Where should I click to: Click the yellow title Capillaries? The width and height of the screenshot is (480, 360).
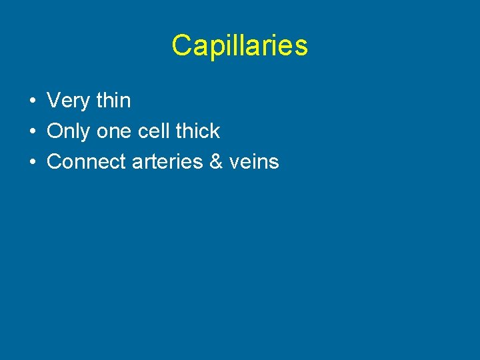point(239,46)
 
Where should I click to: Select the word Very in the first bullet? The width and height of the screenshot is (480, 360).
point(69,101)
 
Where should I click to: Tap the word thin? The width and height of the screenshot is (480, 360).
point(113,101)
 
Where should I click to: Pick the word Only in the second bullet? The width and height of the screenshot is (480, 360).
point(69,131)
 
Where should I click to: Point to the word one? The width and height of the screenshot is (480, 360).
point(114,131)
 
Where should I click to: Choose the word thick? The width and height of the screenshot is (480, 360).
point(197,131)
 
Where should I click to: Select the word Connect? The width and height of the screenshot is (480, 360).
point(87,161)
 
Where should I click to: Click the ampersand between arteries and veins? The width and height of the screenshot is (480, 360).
point(216,161)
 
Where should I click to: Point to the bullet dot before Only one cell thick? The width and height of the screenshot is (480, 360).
point(32,132)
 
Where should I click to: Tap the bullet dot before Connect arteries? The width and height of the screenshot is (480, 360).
point(32,162)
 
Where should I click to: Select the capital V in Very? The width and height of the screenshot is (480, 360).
point(53,101)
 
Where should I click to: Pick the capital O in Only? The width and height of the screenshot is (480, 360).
point(55,131)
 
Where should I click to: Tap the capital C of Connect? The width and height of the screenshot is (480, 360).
point(55,161)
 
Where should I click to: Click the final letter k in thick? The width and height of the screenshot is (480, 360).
point(215,131)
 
